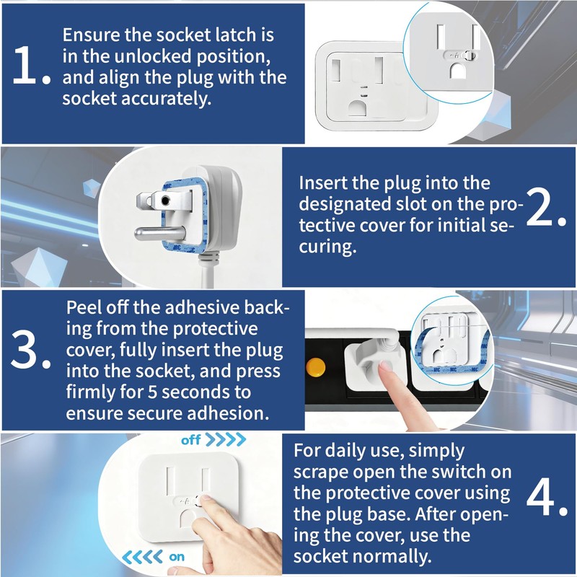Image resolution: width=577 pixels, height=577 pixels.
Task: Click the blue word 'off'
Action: coord(191,440)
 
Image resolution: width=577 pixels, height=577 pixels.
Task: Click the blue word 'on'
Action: coord(177,557)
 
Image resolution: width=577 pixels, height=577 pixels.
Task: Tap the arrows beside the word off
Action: coord(225,439)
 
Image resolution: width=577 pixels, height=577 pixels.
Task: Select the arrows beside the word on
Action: coord(142,557)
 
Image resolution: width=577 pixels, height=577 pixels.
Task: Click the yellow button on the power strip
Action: coord(316,368)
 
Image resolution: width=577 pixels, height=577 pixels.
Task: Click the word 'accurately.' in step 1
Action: coord(167,99)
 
